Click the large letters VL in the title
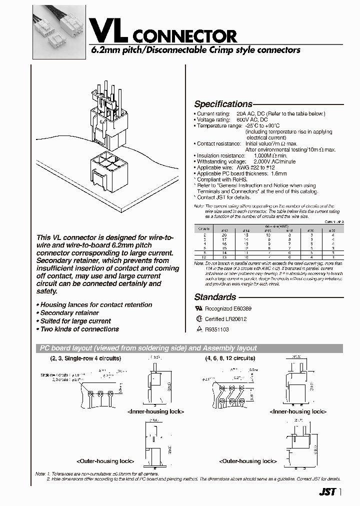point(105,30)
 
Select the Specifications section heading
point(223,104)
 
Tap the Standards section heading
point(215,297)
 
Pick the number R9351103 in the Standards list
point(216,329)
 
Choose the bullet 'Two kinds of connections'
point(78,329)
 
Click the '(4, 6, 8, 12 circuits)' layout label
point(230,358)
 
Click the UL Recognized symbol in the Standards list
point(197,309)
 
